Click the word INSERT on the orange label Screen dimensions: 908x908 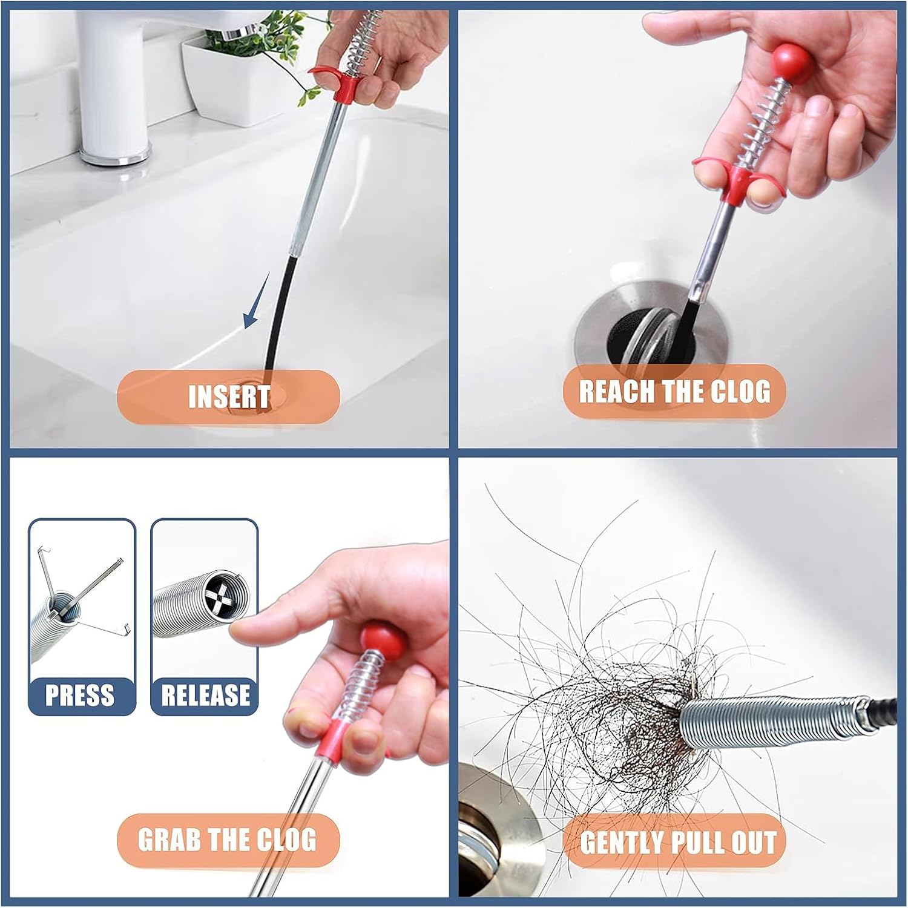tap(229, 397)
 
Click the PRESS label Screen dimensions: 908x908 tap(80, 695)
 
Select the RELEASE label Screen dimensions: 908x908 tap(205, 695)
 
